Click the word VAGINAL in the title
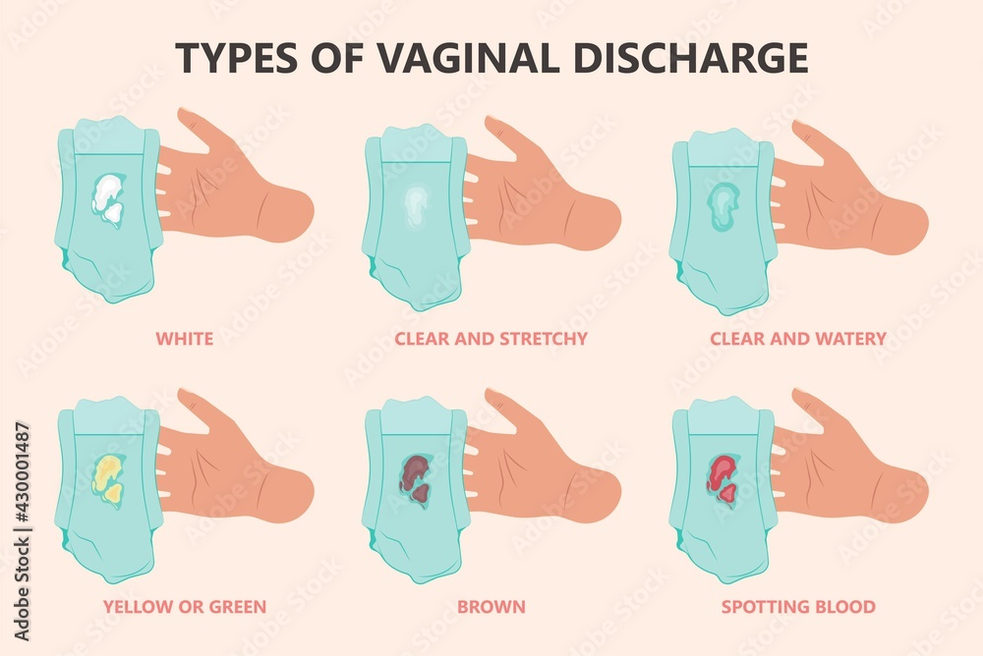[467, 57]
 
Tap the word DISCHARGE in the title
[690, 57]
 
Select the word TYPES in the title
[236, 57]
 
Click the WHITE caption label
[185, 339]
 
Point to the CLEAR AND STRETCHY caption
[491, 339]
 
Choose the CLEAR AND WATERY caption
[798, 339]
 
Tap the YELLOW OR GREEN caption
[185, 607]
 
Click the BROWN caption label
[491, 607]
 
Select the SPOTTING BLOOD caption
[798, 607]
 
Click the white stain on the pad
[108, 195]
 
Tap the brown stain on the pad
[416, 477]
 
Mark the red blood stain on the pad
[723, 477]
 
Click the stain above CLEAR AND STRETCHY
[415, 203]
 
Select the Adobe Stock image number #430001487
[22, 475]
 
